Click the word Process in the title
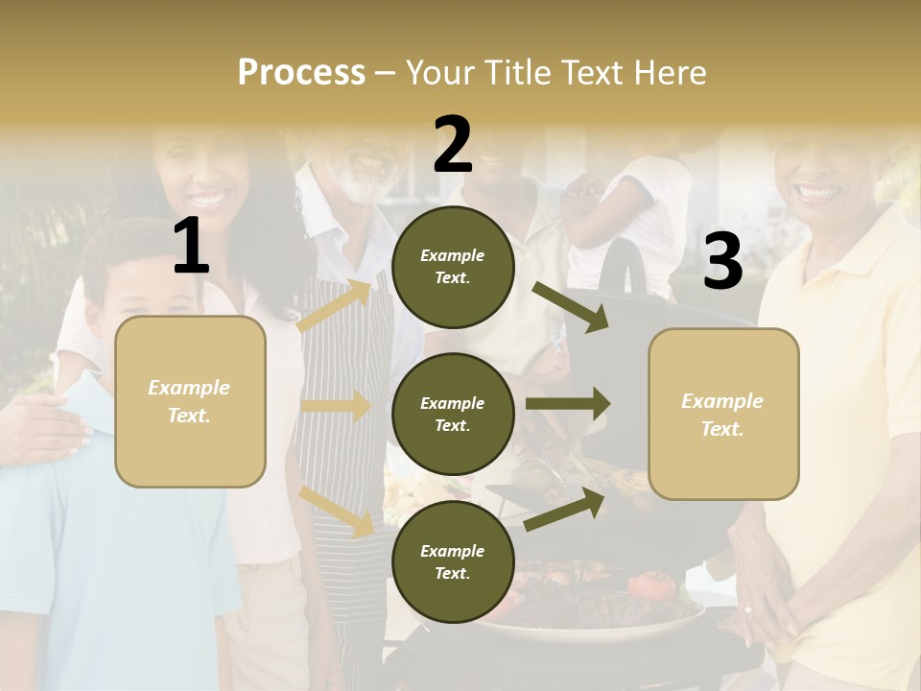tap(301, 72)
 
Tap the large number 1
tap(191, 247)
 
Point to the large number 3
tap(722, 261)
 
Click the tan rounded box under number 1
tap(190, 401)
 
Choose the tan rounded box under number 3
tap(723, 415)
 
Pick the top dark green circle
tap(452, 266)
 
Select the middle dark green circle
tap(452, 414)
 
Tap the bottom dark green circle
tap(452, 561)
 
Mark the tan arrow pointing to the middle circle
tap(337, 406)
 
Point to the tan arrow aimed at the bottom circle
tap(337, 511)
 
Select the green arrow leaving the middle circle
tap(568, 403)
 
